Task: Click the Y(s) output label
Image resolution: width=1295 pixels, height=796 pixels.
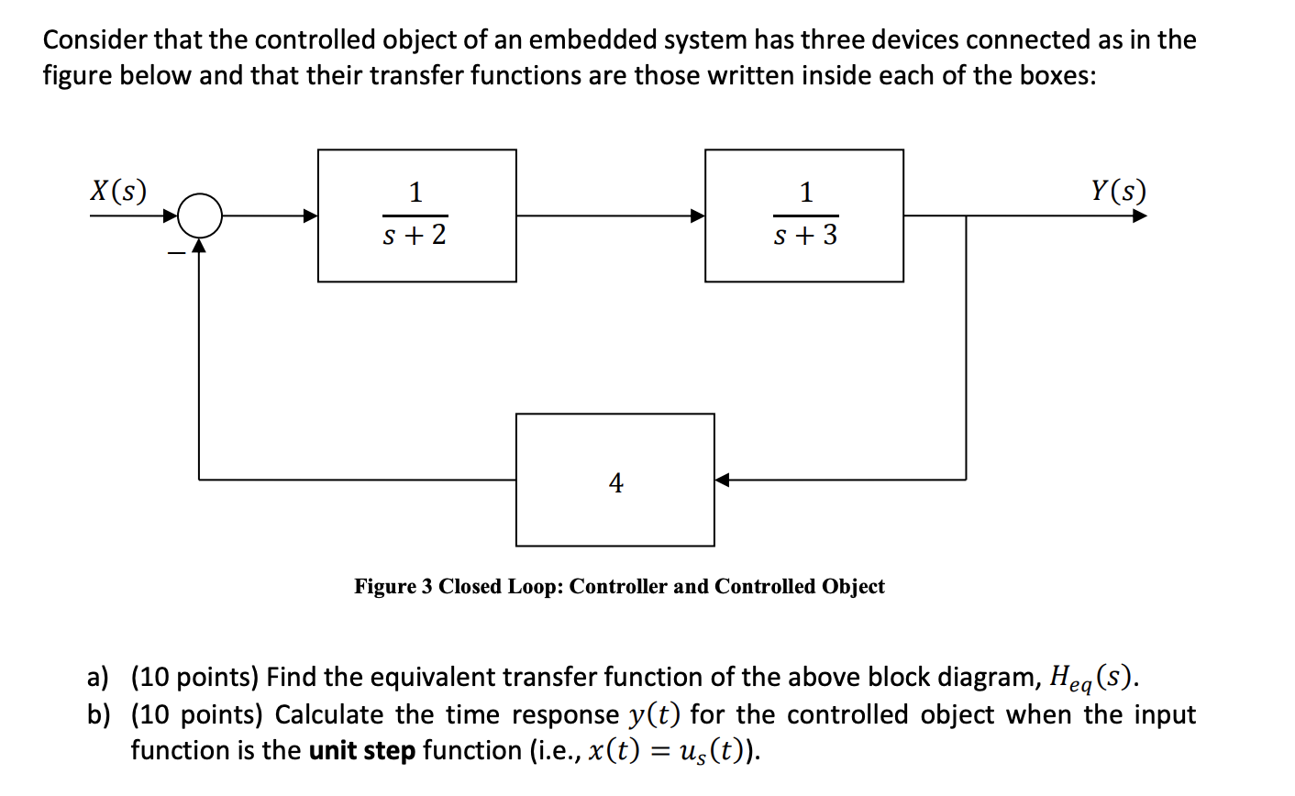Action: [x=1118, y=191]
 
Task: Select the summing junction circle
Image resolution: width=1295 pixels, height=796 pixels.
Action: [x=200, y=216]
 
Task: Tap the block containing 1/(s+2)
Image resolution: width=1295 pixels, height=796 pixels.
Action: [x=416, y=216]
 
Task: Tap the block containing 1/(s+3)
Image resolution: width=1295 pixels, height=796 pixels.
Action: [x=803, y=216]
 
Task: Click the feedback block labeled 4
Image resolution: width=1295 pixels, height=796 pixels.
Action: [x=614, y=480]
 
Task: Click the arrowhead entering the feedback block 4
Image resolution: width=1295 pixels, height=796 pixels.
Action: [x=723, y=480]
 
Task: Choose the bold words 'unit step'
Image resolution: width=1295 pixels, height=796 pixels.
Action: [x=362, y=751]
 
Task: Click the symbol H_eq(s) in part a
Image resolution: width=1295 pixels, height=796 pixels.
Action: [x=1093, y=679]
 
